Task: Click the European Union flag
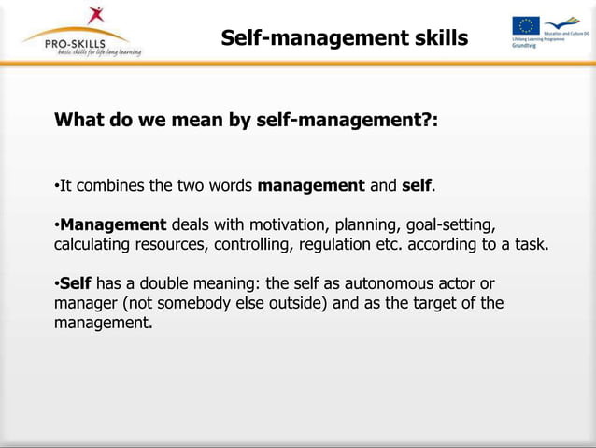coord(525,25)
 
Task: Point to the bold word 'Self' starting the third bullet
coord(75,283)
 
